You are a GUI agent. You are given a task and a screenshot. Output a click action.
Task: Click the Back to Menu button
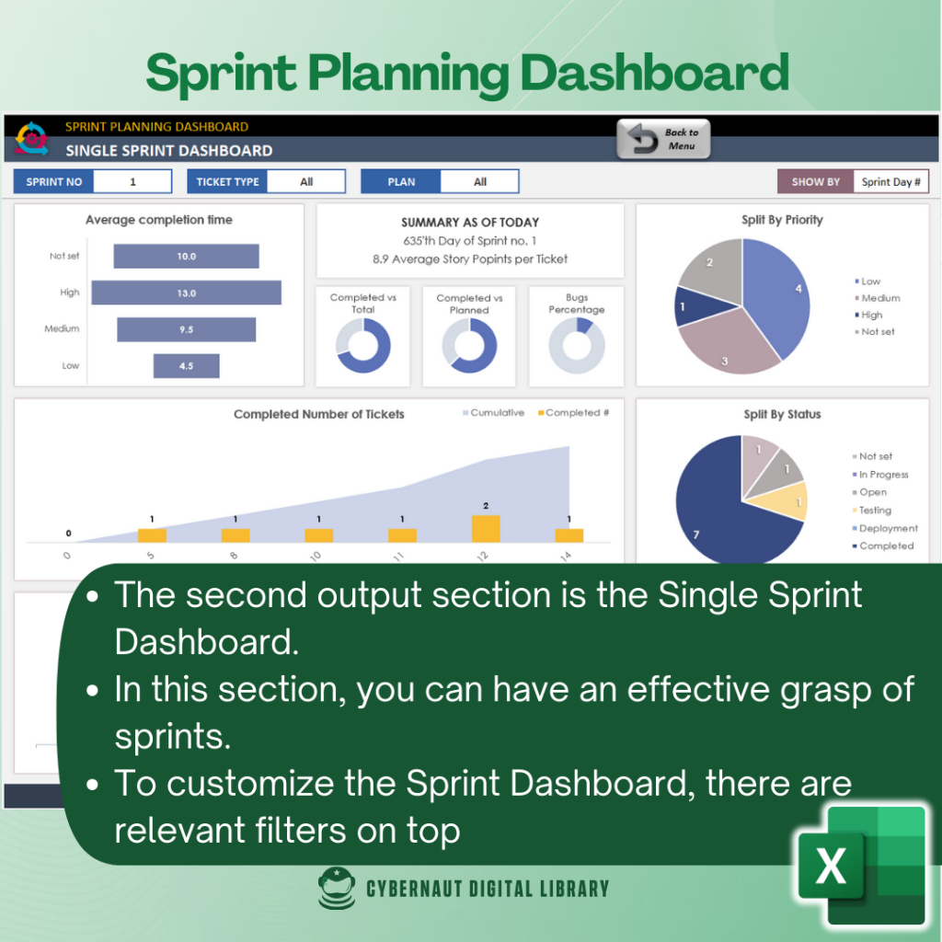[663, 139]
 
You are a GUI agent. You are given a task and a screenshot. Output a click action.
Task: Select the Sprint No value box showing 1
[132, 181]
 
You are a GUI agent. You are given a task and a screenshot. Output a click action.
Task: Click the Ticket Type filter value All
[306, 181]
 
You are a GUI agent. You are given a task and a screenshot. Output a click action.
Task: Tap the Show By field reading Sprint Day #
[890, 181]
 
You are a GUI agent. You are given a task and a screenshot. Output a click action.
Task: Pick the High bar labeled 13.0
[186, 293]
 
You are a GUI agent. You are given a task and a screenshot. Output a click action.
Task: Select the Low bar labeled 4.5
[186, 366]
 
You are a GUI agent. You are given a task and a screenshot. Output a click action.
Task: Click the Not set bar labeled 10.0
[186, 256]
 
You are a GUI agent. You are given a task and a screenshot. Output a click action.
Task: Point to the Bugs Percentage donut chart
[577, 346]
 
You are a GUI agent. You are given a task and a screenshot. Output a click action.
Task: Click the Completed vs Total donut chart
[362, 346]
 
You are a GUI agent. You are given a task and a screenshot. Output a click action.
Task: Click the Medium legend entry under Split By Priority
[878, 298]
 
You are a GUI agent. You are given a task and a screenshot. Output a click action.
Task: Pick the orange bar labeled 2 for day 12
[486, 529]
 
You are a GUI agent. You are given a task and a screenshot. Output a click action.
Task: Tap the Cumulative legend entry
[493, 413]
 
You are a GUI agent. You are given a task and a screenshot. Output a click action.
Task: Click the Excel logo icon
[862, 865]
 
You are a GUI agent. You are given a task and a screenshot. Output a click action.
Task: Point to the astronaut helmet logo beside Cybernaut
[337, 888]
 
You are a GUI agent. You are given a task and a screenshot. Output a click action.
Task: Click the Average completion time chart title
[158, 220]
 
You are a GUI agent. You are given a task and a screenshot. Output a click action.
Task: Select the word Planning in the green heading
[408, 75]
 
